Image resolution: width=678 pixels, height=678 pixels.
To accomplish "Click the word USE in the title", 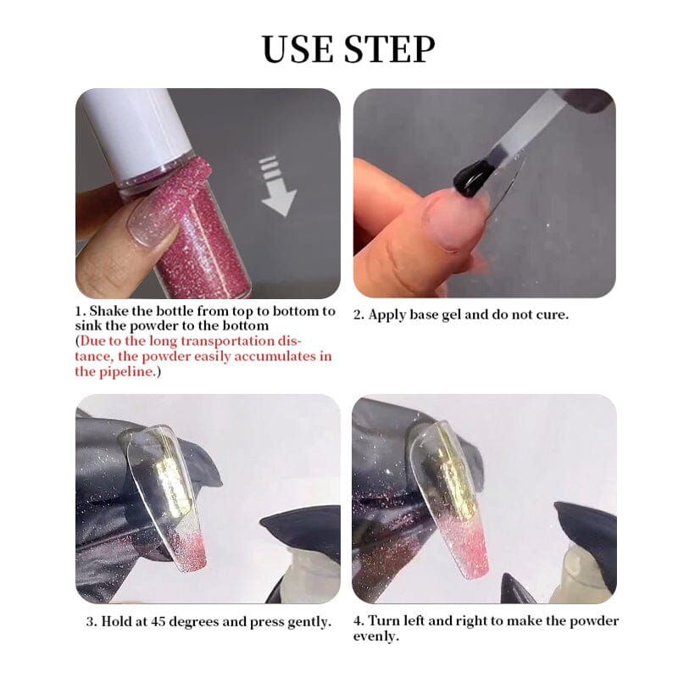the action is (x=299, y=49).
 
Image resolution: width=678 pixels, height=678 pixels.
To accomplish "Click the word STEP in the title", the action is (x=391, y=49).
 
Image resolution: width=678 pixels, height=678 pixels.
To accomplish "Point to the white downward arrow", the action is (x=277, y=186).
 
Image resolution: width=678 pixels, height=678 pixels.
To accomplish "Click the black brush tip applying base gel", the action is (x=473, y=178).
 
